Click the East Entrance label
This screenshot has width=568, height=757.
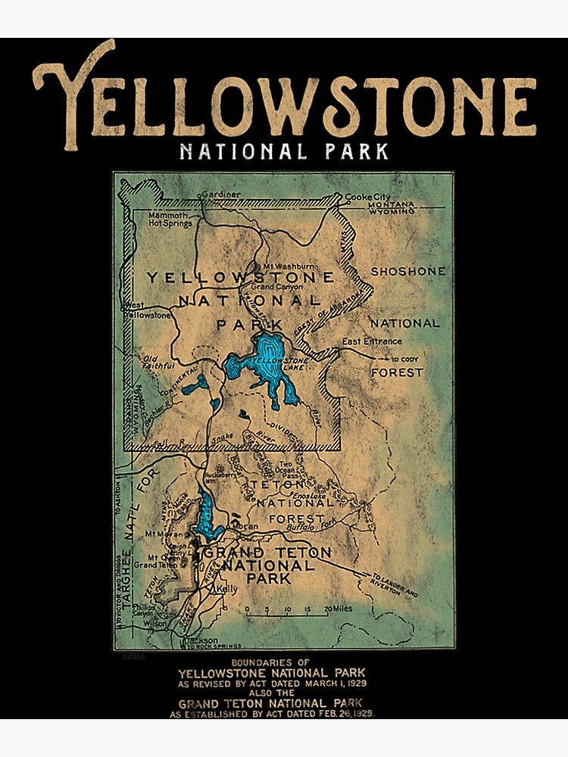point(372,341)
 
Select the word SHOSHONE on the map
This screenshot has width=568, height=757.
point(407,271)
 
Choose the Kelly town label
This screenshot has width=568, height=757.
point(227,588)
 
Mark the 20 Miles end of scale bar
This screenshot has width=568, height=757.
point(338,609)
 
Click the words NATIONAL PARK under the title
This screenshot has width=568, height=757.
point(284,151)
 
